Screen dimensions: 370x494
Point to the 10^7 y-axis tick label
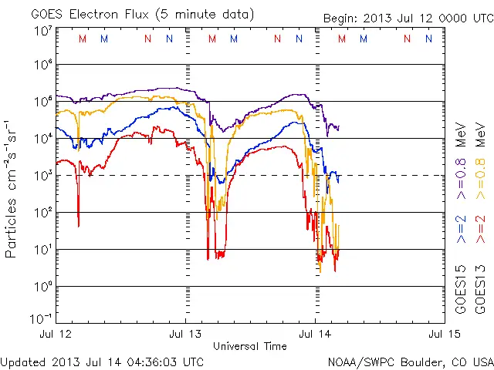point(42,32)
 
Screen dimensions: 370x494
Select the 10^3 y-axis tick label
point(42,176)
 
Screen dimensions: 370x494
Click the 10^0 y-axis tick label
point(42,287)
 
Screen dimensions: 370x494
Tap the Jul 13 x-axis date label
point(185,335)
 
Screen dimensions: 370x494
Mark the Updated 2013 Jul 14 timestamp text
point(102,362)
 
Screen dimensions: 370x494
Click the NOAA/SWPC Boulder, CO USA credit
point(410,362)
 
